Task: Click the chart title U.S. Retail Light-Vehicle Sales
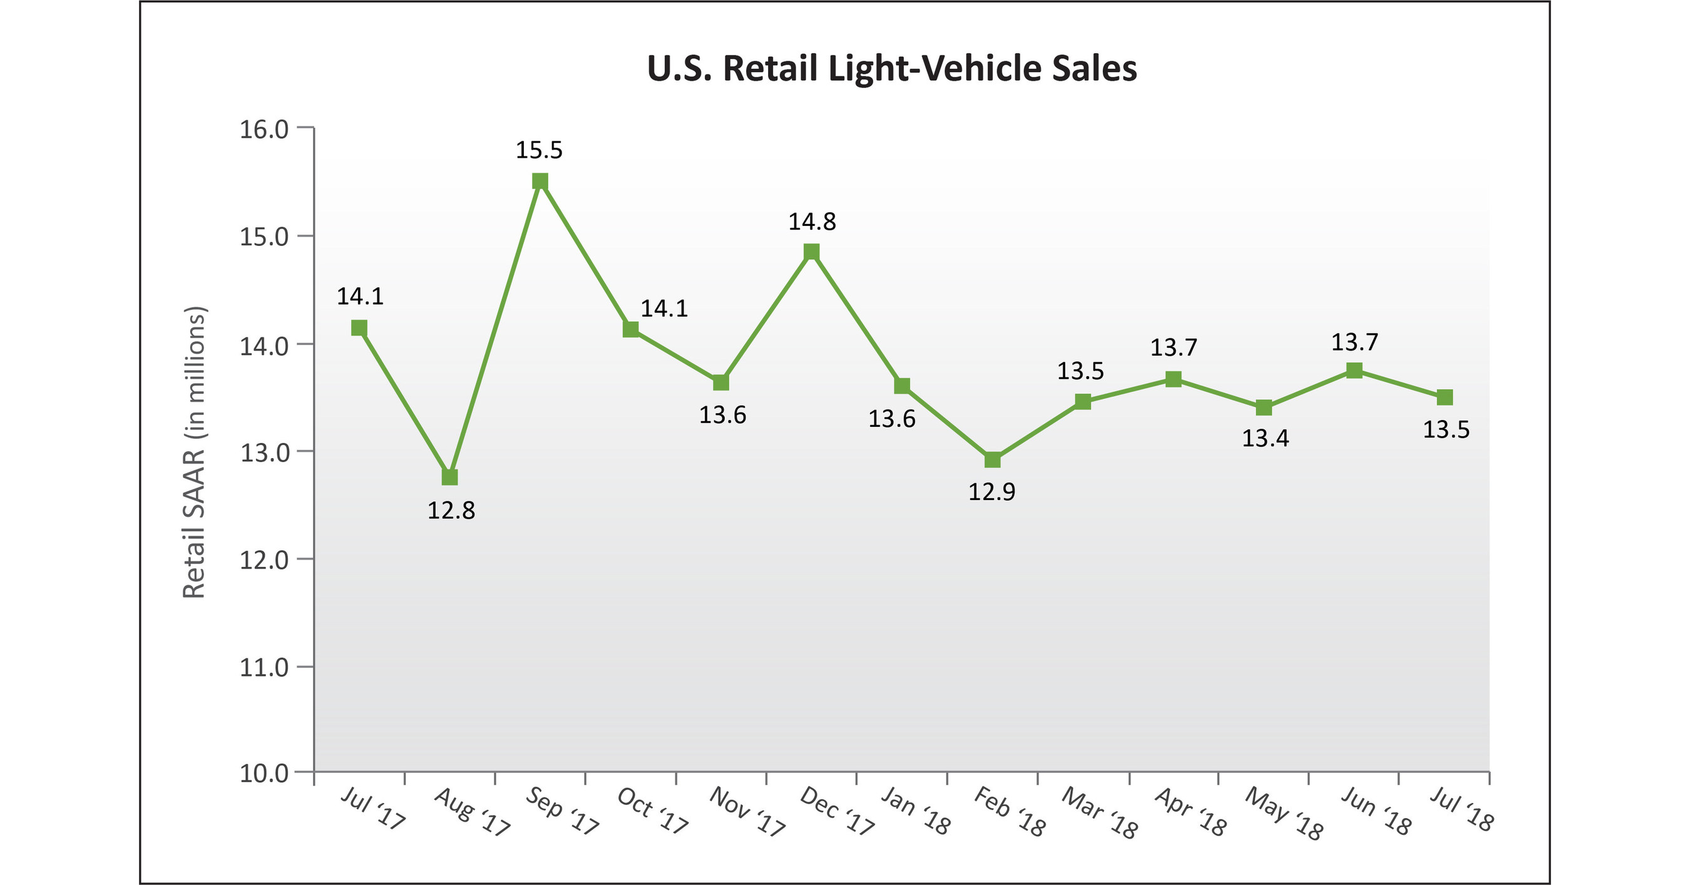click(891, 69)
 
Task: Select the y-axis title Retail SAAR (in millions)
click(194, 452)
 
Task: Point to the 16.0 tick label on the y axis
click(264, 129)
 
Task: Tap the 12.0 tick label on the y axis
click(264, 560)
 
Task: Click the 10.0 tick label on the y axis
click(264, 774)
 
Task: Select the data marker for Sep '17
click(540, 181)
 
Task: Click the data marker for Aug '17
click(449, 477)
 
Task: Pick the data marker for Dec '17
click(812, 252)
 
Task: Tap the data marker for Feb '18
click(993, 460)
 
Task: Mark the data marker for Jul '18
click(1445, 397)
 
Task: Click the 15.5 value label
click(540, 150)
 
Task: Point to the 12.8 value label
click(451, 510)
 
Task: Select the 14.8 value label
click(812, 222)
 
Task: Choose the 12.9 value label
click(992, 491)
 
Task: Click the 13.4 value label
click(1265, 438)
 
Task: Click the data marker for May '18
click(1264, 408)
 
